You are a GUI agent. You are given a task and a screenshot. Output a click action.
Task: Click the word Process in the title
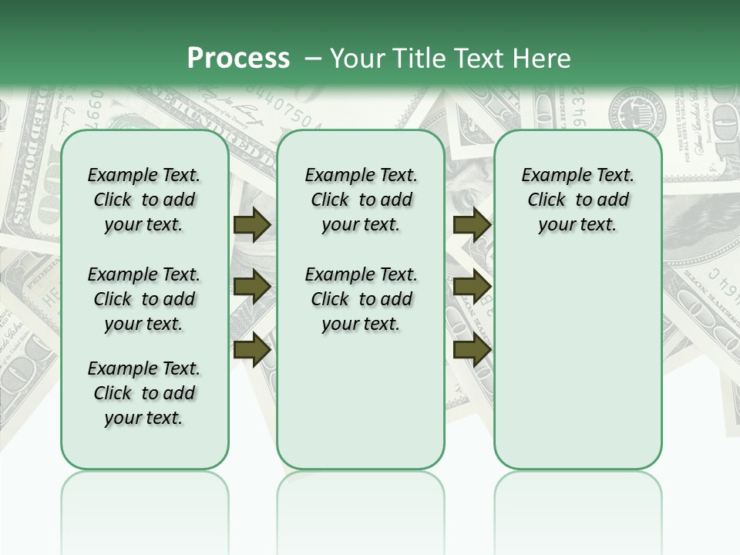238,58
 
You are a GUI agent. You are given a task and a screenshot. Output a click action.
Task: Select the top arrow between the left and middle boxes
251,224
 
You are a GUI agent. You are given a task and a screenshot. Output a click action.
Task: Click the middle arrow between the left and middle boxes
251,287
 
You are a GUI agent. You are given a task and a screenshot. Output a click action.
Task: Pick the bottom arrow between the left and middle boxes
251,348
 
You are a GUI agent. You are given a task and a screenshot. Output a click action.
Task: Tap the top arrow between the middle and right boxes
472,224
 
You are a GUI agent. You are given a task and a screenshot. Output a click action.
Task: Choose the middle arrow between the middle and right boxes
472,287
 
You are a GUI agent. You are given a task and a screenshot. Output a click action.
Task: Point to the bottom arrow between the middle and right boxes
472,348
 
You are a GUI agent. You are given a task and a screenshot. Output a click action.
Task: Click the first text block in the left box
143,200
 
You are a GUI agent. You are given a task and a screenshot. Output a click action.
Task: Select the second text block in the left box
143,299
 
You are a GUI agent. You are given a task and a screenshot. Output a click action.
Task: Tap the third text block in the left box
143,393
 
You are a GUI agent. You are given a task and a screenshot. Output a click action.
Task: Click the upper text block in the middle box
361,200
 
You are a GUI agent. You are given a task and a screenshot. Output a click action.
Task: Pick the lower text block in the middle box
361,299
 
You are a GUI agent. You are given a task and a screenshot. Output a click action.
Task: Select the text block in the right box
577,200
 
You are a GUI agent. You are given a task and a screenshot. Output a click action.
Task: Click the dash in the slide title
313,58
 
